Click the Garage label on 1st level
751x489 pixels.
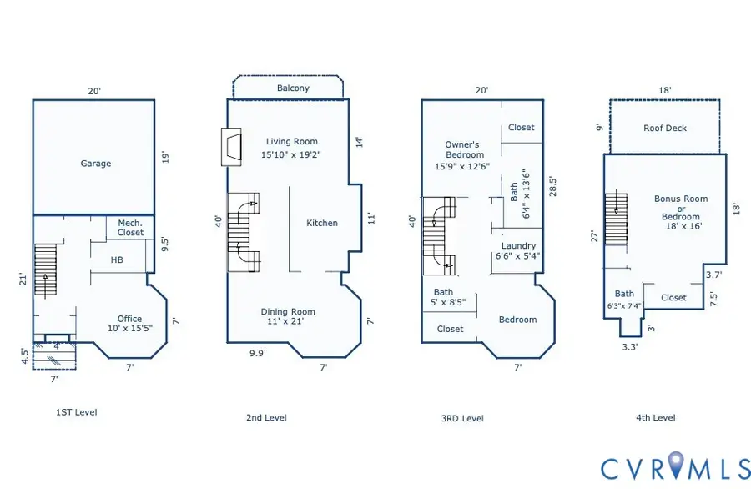[96, 164]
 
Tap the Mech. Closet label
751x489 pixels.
[130, 228]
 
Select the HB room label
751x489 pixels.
[117, 260]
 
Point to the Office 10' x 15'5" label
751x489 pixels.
[130, 323]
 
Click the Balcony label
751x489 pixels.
[293, 88]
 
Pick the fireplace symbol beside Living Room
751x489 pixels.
[231, 147]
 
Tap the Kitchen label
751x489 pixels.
[322, 223]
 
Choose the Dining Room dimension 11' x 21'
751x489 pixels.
[285, 321]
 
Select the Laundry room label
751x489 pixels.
[518, 245]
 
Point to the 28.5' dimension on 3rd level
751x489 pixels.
[552, 187]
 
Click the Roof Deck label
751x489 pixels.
[665, 128]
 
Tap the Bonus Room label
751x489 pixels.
[681, 199]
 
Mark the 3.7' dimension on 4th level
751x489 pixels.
[713, 275]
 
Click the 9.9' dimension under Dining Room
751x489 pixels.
[258, 354]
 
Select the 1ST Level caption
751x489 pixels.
[77, 412]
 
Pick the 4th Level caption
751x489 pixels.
[656, 417]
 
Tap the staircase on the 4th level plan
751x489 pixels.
[617, 219]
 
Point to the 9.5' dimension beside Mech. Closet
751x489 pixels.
[164, 244]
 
